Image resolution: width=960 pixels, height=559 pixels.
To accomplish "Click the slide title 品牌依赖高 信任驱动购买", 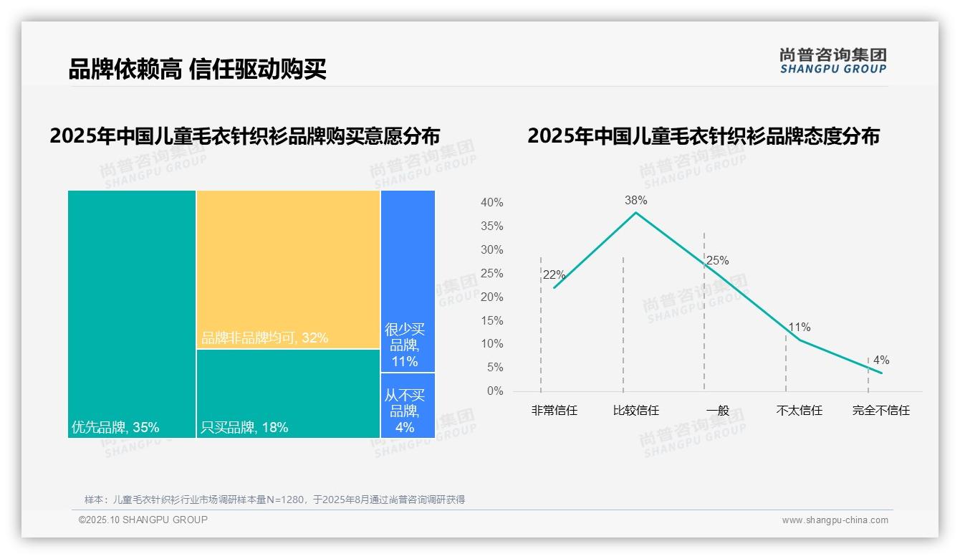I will pyautogui.click(x=198, y=70).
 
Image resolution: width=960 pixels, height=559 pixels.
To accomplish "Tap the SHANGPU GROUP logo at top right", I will pyautogui.click(x=832, y=61).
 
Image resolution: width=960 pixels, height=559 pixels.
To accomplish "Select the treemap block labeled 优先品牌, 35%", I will pyautogui.click(x=132, y=313).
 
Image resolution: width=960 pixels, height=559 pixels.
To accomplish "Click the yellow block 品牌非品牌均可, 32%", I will pyautogui.click(x=288, y=269).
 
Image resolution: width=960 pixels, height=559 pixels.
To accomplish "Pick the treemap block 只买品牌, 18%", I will pyautogui.click(x=288, y=393).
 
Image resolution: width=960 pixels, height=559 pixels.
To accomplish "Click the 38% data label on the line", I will pyautogui.click(x=635, y=201).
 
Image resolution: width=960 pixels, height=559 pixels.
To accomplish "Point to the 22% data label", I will pyautogui.click(x=554, y=275).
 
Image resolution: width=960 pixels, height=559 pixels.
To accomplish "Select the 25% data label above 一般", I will pyautogui.click(x=717, y=261).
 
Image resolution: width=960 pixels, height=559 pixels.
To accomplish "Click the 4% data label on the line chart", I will pyautogui.click(x=880, y=360).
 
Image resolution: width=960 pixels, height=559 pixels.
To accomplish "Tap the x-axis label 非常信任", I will pyautogui.click(x=554, y=411).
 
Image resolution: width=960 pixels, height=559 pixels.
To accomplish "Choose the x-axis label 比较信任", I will pyautogui.click(x=635, y=411).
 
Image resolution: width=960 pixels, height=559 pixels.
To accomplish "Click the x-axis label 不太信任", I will pyautogui.click(x=799, y=411).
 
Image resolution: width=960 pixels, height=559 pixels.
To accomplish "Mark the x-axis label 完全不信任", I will pyautogui.click(x=880, y=411).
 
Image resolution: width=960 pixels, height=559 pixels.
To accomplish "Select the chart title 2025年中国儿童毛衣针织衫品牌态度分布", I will pyautogui.click(x=703, y=136).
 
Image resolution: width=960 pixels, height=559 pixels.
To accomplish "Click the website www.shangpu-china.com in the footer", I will pyautogui.click(x=835, y=520).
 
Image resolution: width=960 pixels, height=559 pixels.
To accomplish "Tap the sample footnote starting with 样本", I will pyautogui.click(x=274, y=500).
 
